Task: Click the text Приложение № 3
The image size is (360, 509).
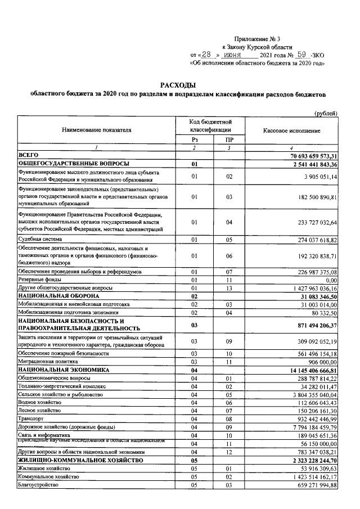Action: pyautogui.click(x=256, y=38)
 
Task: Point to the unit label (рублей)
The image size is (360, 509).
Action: pyautogui.click(x=326, y=112)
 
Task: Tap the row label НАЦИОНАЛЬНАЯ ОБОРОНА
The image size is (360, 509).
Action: pyautogui.click(x=58, y=295)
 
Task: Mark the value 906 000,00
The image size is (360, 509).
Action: pyautogui.click(x=319, y=362)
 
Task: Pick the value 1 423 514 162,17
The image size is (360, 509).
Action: pyautogui.click(x=308, y=477)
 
